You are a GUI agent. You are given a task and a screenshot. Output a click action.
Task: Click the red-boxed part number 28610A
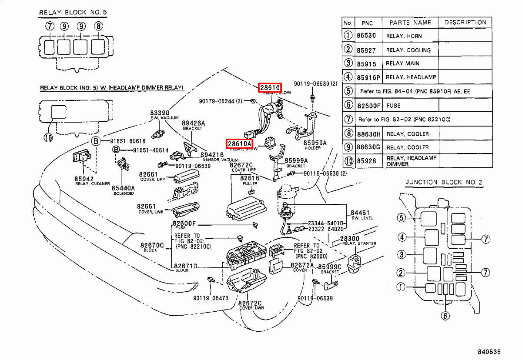239,143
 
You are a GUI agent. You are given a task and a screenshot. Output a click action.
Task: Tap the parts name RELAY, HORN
404,36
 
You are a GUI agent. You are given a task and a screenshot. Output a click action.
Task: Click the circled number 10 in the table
348,161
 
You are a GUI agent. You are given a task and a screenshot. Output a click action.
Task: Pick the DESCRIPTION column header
465,23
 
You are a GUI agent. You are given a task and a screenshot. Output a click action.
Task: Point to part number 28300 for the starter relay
349,239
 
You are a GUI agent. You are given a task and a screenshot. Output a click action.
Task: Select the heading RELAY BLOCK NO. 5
73,13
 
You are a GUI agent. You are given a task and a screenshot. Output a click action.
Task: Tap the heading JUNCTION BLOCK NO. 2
444,183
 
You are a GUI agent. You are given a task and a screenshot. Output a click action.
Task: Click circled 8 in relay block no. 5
99,26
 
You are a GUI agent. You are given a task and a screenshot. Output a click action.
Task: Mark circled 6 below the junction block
445,316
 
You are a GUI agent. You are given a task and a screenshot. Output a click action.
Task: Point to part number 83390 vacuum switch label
160,113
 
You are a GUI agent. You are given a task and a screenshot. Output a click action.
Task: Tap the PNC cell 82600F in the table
368,105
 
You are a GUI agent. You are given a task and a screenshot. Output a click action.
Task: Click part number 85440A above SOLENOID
123,187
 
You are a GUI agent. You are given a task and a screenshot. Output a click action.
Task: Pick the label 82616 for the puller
250,178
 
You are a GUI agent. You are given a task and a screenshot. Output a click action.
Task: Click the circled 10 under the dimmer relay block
48,138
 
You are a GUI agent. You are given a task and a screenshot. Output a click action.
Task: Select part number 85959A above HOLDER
315,143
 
